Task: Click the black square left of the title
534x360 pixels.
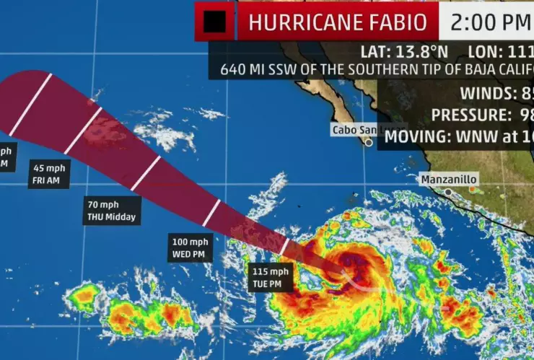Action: [214, 23]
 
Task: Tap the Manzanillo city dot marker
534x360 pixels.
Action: [447, 192]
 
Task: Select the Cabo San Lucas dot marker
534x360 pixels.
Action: [368, 143]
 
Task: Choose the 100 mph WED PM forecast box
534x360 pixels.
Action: [191, 247]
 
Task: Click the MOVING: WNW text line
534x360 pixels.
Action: [462, 136]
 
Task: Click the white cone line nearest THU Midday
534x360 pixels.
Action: [145, 173]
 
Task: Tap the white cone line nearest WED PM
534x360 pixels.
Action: [211, 212]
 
